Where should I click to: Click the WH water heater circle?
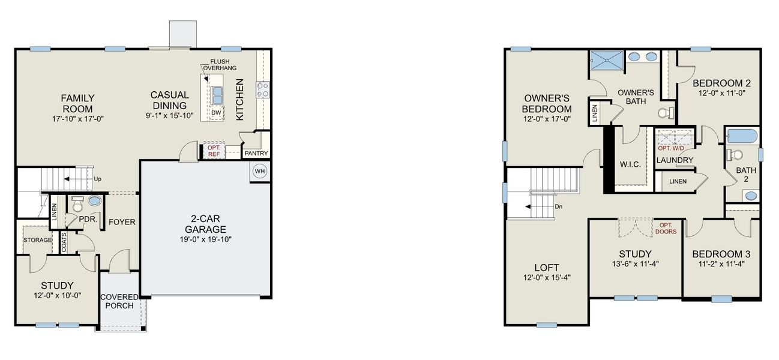[260, 172]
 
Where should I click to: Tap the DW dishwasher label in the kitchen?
[215, 113]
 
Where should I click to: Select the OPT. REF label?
[214, 151]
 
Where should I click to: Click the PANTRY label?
[256, 154]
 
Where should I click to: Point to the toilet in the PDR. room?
[77, 205]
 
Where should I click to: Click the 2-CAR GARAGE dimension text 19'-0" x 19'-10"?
[205, 239]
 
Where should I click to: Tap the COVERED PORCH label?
[119, 301]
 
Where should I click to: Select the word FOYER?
[122, 222]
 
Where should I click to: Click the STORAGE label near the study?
[38, 240]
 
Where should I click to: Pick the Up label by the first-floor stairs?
[98, 179]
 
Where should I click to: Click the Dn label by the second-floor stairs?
[558, 206]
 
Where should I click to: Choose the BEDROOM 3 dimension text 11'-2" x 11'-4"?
[721, 263]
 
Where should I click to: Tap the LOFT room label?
[546, 267]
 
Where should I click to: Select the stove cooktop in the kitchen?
[263, 90]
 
